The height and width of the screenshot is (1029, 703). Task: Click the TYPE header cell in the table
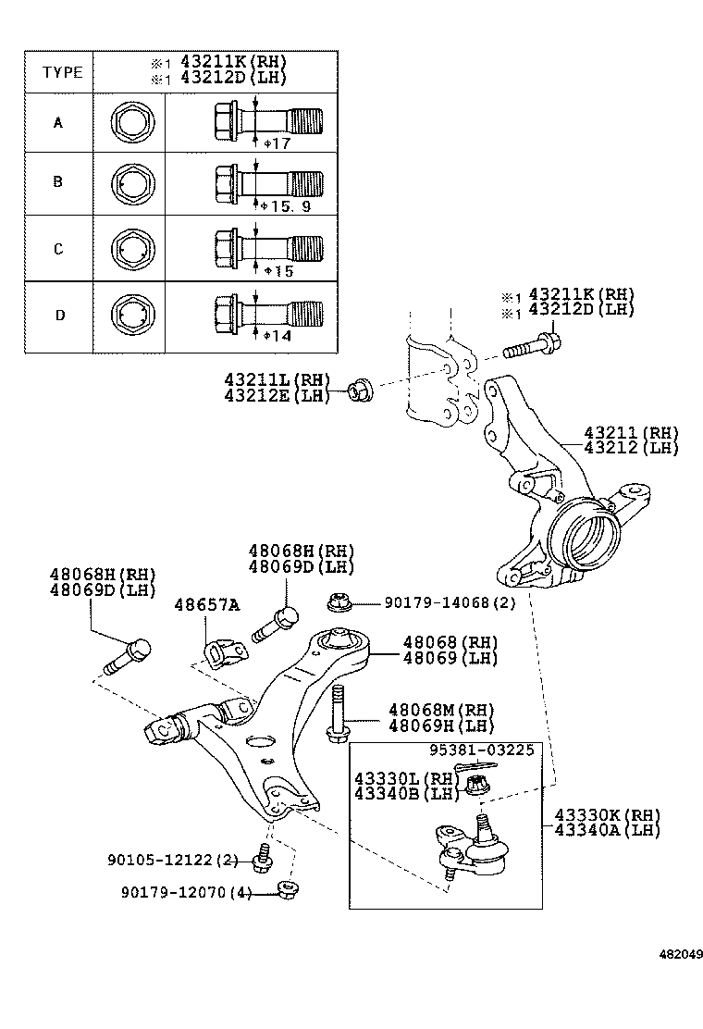pyautogui.click(x=61, y=72)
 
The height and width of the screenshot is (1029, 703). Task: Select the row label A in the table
pyautogui.click(x=58, y=121)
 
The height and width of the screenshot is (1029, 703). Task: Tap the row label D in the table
pyautogui.click(x=59, y=315)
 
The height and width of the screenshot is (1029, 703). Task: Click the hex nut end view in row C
pyautogui.click(x=129, y=248)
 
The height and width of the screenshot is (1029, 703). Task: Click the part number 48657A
pyautogui.click(x=206, y=605)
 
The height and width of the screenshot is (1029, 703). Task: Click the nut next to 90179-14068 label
pyautogui.click(x=339, y=603)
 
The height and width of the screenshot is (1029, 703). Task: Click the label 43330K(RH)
pyautogui.click(x=608, y=814)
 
